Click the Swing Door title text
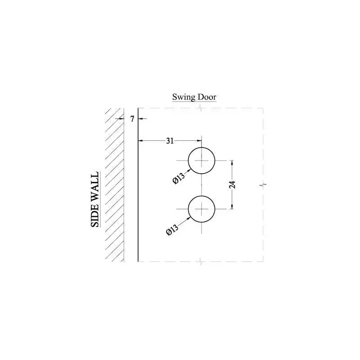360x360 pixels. click(194, 97)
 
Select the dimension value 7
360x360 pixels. click(132, 119)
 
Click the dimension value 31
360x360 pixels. click(170, 141)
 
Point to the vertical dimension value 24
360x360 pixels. click(238, 184)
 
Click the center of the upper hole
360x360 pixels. click(202, 160)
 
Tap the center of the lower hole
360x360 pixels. click(202, 209)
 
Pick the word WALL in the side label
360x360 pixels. click(95, 188)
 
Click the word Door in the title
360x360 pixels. click(207, 97)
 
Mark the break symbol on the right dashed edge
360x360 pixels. click(263, 184)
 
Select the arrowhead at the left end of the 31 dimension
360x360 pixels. click(139, 141)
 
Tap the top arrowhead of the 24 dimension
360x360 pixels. click(232, 162)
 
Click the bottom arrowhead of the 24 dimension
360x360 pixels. click(232, 207)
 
